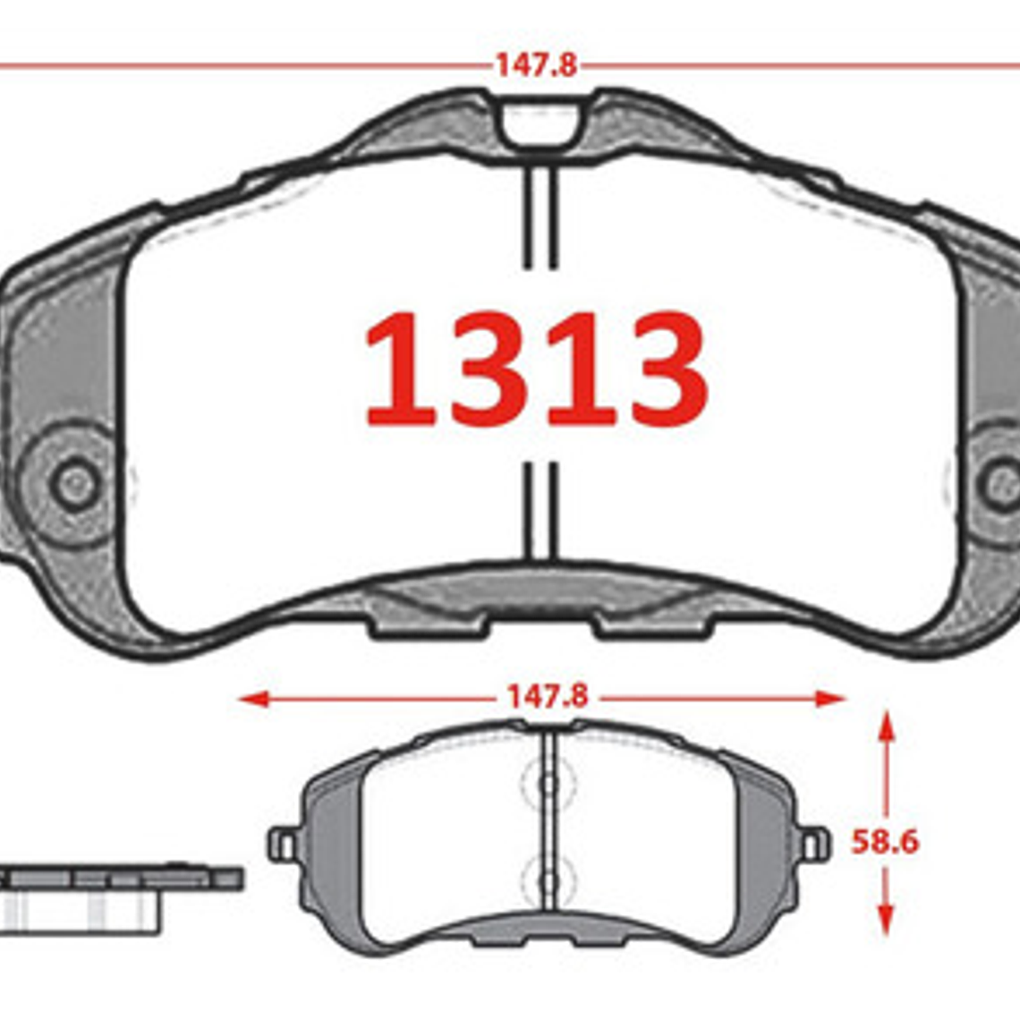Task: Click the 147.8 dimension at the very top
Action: [x=536, y=65]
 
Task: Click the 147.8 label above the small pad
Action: [x=547, y=697]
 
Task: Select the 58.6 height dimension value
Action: [x=884, y=842]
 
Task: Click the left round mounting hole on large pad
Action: [x=75, y=485]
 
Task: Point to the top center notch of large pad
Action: [x=540, y=125]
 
